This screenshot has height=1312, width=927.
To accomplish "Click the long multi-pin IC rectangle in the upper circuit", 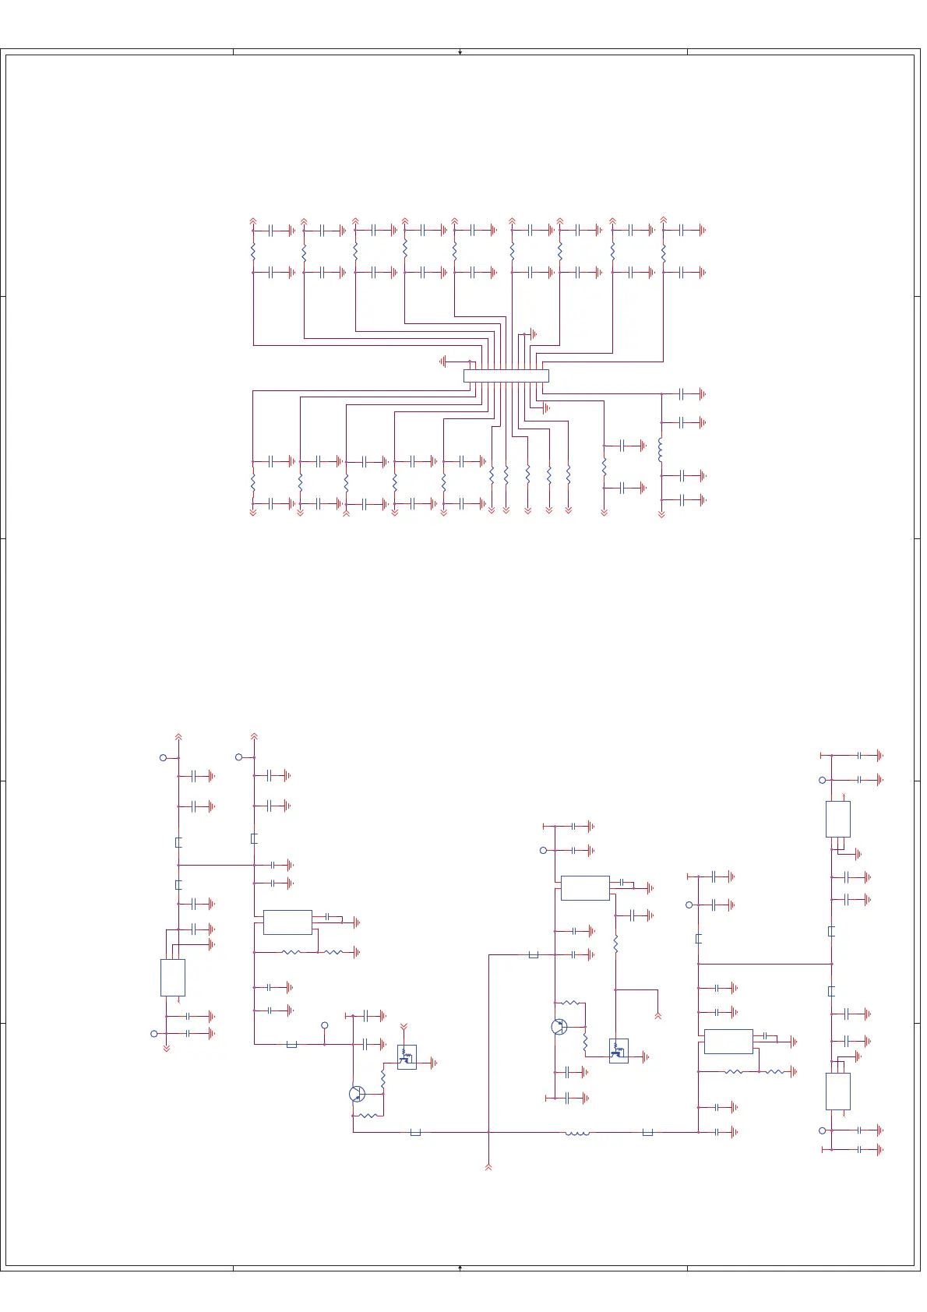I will [x=506, y=376].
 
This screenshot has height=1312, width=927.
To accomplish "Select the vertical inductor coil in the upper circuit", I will [x=661, y=450].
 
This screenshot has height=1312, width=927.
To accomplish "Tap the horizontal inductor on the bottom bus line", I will [x=576, y=1133].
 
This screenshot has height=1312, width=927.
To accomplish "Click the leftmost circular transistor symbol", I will [x=357, y=1094].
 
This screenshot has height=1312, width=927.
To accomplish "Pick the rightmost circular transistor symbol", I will [x=559, y=1027].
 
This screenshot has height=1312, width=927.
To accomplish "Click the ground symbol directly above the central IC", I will [x=533, y=334].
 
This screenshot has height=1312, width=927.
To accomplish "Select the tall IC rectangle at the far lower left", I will [x=172, y=977].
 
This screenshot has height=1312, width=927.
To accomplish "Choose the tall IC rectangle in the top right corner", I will [x=837, y=819].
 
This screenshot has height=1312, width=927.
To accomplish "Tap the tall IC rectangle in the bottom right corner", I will [x=837, y=1091].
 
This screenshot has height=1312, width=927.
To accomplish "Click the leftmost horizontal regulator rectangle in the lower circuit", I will [x=287, y=922].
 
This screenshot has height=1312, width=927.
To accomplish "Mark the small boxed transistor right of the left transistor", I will [x=407, y=1056].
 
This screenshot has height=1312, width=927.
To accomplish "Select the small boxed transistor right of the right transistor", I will [x=619, y=1051].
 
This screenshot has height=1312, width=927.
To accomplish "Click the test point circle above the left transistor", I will [x=325, y=1025].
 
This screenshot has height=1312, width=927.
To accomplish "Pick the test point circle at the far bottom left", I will [x=153, y=1034].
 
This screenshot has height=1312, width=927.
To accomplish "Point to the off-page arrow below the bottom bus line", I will [x=488, y=1166].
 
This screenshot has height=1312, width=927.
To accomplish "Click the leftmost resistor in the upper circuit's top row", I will [x=253, y=252].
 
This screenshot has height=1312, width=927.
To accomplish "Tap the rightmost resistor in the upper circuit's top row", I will [x=663, y=253].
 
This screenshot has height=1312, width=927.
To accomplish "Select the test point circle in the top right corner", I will [x=822, y=780].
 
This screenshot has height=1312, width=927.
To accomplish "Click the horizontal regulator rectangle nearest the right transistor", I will [x=585, y=888].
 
